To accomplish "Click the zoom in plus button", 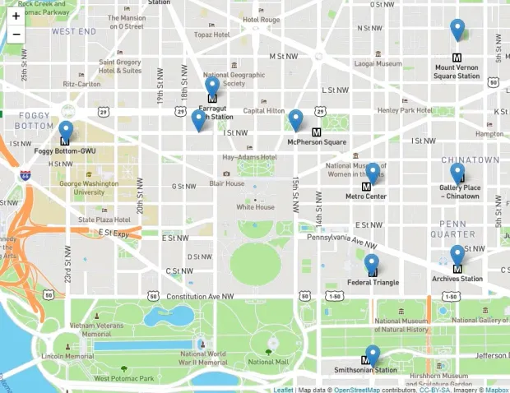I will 16,16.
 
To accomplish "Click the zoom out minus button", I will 16,35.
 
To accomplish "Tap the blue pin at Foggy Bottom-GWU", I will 66,130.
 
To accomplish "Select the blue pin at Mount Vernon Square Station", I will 458,29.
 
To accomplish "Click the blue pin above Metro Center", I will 373,172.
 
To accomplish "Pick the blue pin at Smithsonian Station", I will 373,354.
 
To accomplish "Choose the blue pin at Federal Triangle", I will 372,263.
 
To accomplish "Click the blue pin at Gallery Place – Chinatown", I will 457,172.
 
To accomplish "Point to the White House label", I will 255,207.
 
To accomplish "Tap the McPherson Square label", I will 317,142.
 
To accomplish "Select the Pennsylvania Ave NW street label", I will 341,240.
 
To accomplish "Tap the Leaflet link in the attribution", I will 283,390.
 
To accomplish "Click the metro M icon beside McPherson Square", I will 316,132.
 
